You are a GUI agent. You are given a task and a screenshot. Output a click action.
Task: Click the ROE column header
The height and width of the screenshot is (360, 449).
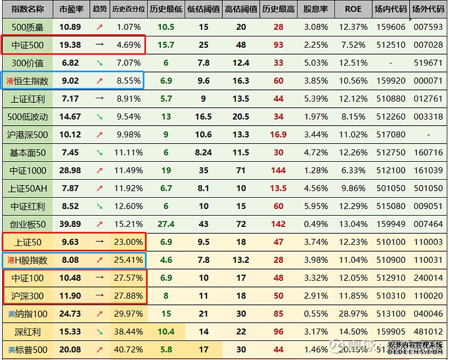click(x=353, y=10)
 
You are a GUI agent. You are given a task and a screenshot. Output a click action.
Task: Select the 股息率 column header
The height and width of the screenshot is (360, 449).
click(x=315, y=10)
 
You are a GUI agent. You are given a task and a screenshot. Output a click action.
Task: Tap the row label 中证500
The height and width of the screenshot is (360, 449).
click(x=28, y=45)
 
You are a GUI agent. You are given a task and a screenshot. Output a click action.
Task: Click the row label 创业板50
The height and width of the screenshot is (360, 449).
click(x=28, y=225)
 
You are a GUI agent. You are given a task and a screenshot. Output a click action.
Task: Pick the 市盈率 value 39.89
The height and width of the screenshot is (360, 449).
click(x=70, y=225)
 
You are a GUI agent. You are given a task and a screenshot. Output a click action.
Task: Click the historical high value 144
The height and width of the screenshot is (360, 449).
click(x=278, y=171)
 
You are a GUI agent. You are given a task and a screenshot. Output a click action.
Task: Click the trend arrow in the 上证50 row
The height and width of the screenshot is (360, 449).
click(x=99, y=243)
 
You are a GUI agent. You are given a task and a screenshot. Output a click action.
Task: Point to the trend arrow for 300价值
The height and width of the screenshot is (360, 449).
click(x=99, y=63)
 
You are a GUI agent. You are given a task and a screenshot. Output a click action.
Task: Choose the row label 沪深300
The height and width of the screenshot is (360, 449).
click(x=28, y=297)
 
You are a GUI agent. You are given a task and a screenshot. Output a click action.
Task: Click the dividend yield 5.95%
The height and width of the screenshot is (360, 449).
click(x=315, y=207)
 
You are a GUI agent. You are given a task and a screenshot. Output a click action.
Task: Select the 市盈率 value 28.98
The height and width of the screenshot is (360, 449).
click(x=70, y=171)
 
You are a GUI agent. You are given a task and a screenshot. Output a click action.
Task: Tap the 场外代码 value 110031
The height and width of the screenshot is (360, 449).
click(x=428, y=261)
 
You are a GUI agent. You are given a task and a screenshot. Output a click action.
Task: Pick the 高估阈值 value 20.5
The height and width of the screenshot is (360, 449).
click(x=241, y=117)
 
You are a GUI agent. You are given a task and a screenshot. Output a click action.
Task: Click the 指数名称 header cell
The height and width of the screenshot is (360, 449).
click(x=28, y=10)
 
